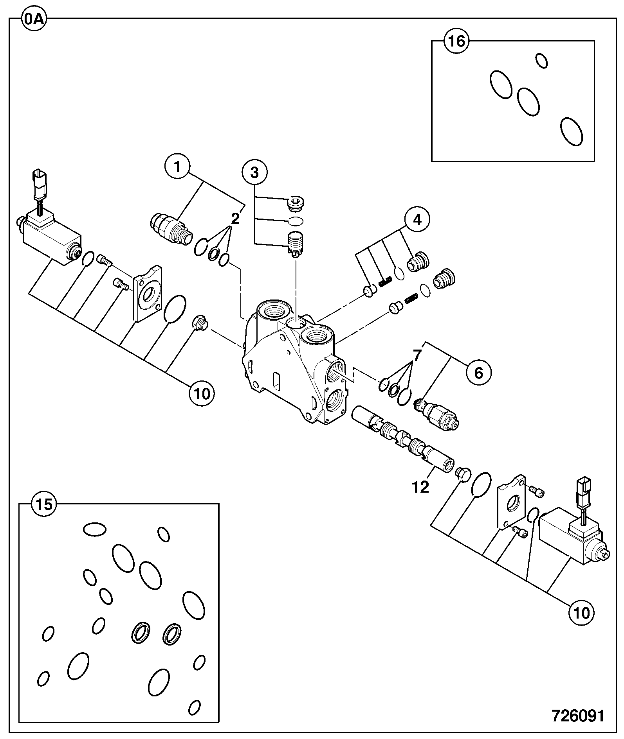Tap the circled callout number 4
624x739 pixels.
pos(417,220)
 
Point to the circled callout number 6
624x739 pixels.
pos(478,373)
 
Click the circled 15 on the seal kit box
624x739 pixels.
pos(44,505)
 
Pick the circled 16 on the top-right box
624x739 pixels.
pos(457,41)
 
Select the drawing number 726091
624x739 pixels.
pos(578,716)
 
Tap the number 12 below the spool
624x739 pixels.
pos(420,487)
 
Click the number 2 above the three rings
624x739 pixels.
pos(235,219)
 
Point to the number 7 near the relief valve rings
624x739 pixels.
pos(417,355)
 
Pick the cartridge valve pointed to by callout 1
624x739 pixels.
pos(171,228)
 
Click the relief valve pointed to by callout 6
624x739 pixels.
pos(438,414)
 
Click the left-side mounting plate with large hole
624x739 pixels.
pos(148,292)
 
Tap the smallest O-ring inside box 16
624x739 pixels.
pos(541,61)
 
